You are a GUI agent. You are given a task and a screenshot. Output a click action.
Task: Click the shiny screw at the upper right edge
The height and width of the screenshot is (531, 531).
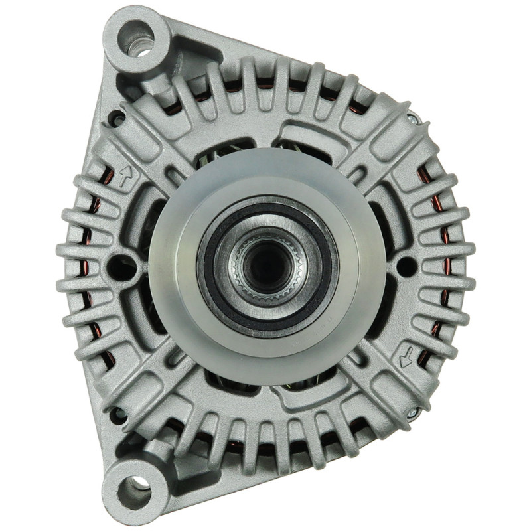coord(412,119)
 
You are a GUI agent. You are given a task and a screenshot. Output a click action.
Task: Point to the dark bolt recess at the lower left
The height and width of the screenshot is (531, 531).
coord(118,416)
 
